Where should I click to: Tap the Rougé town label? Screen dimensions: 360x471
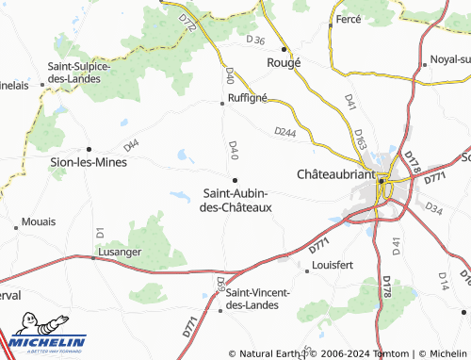pyautogui.click(x=284, y=63)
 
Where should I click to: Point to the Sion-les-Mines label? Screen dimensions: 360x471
pyautogui.click(x=89, y=161)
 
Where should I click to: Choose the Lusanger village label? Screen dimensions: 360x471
pyautogui.click(x=118, y=254)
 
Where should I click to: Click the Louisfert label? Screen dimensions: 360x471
pyautogui.click(x=332, y=266)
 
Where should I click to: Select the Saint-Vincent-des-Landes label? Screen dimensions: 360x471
pyautogui.click(x=261, y=298)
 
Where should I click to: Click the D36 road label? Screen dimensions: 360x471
pyautogui.click(x=256, y=40)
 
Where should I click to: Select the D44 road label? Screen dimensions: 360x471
pyautogui.click(x=131, y=145)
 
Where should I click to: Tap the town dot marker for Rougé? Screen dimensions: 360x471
pyautogui.click(x=284, y=49)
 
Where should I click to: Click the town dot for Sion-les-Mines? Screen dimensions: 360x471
pyautogui.click(x=89, y=148)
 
